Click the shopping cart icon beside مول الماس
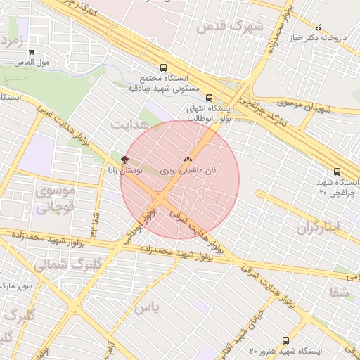pos(32,51)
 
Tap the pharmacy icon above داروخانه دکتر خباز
pos(318,27)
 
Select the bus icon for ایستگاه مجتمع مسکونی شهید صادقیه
pos(163,68)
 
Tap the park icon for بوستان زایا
pos(125,160)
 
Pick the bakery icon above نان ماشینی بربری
pos(187,160)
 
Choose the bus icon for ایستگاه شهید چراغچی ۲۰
pos(337,172)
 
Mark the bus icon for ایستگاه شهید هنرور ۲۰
pos(285,340)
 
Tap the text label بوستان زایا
pos(125,170)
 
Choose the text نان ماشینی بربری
pos(187,171)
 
